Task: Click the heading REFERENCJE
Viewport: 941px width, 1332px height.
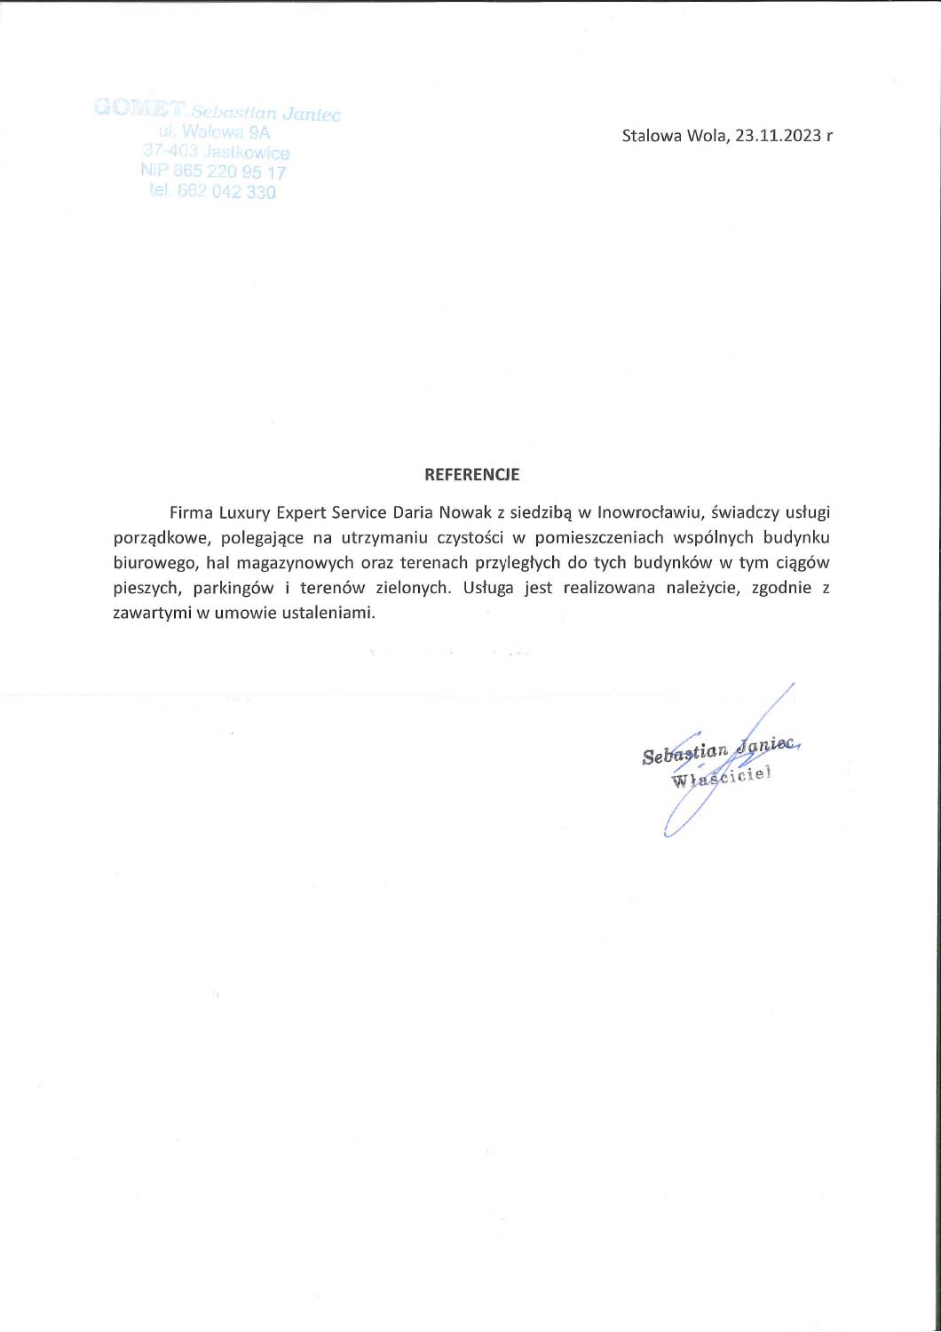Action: pos(471,475)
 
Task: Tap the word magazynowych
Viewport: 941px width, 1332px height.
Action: pos(289,562)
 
